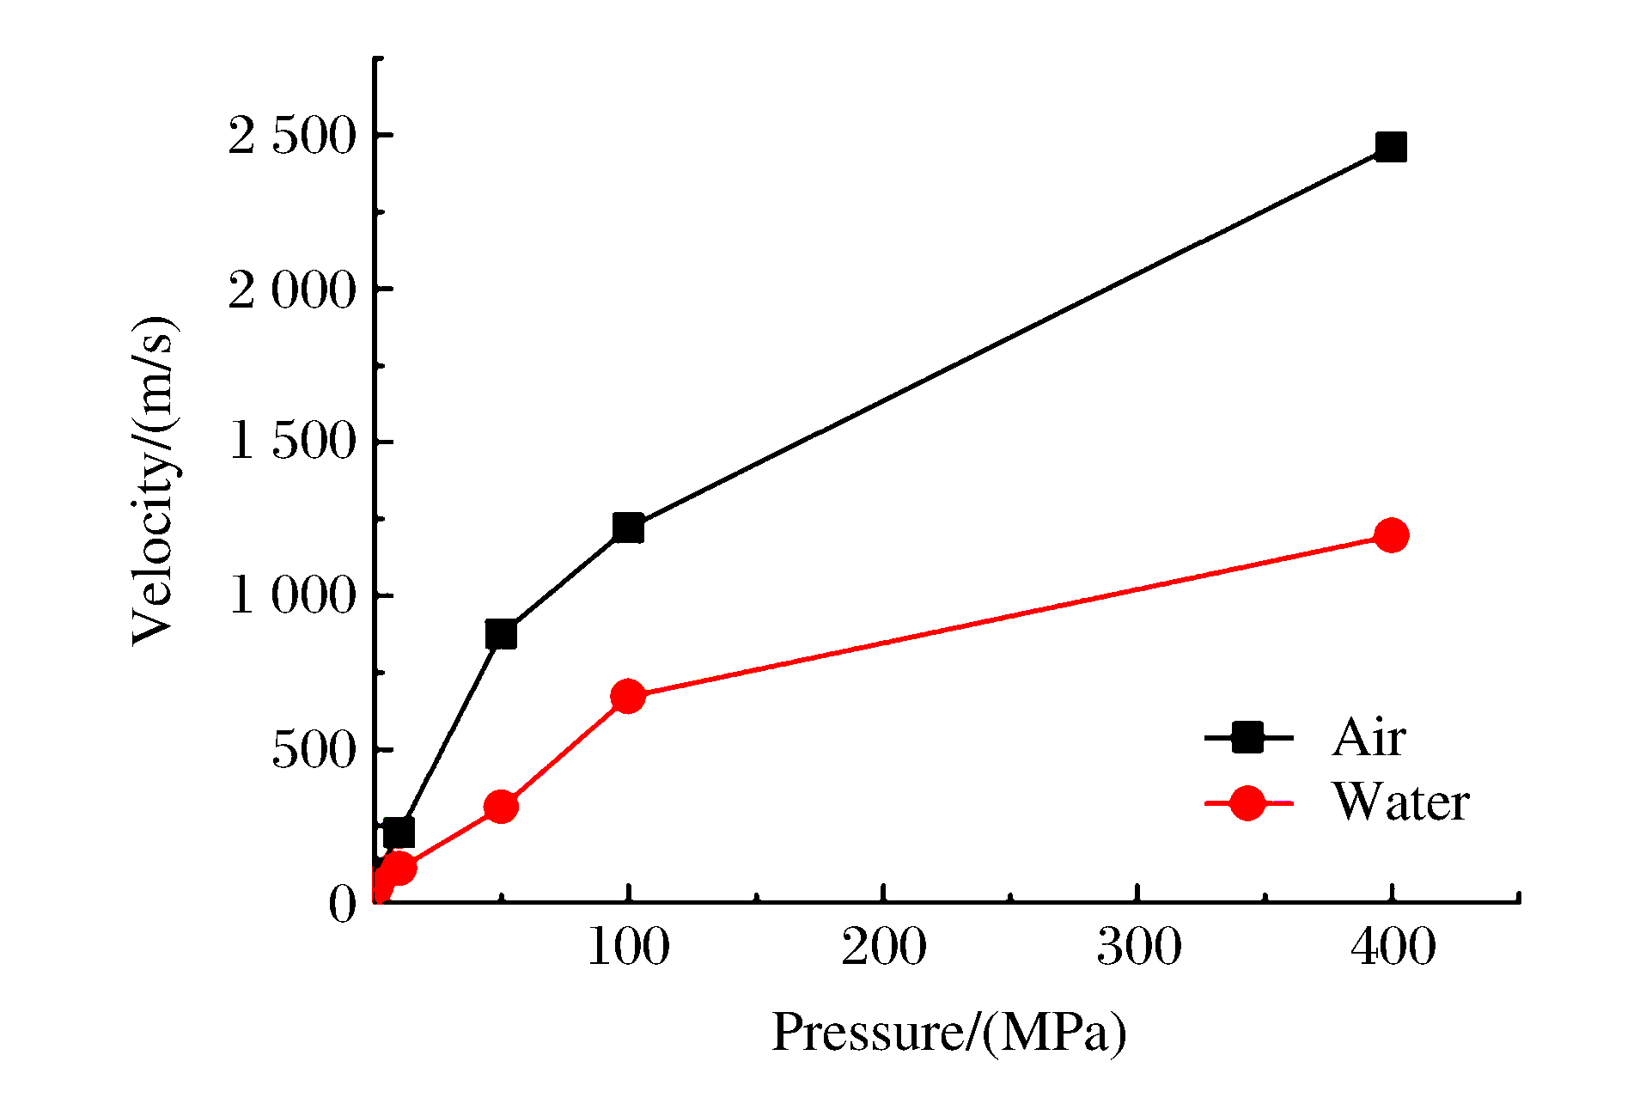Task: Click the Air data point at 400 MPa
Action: coord(1391,147)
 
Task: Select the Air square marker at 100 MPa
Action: coord(628,528)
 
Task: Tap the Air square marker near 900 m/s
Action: coord(501,634)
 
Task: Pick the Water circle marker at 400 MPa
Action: coord(1391,535)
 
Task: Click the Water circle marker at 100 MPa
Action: coord(628,696)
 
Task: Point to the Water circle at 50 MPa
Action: coord(501,807)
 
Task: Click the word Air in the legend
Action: coord(1369,737)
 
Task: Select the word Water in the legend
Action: coord(1400,802)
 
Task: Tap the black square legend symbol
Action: coord(1247,737)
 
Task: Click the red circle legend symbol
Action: coord(1247,802)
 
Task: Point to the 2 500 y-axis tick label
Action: coord(292,136)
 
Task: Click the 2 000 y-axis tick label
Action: coord(292,290)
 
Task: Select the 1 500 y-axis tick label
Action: coord(292,442)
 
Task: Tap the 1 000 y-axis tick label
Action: coord(292,595)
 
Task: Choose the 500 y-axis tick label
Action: coord(314,749)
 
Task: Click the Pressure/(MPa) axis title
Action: coord(948,1032)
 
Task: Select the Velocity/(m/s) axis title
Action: coord(155,481)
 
